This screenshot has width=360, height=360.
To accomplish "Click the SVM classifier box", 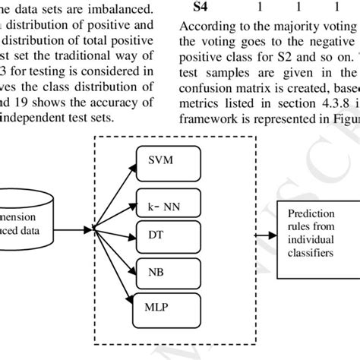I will coord(168,180).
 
